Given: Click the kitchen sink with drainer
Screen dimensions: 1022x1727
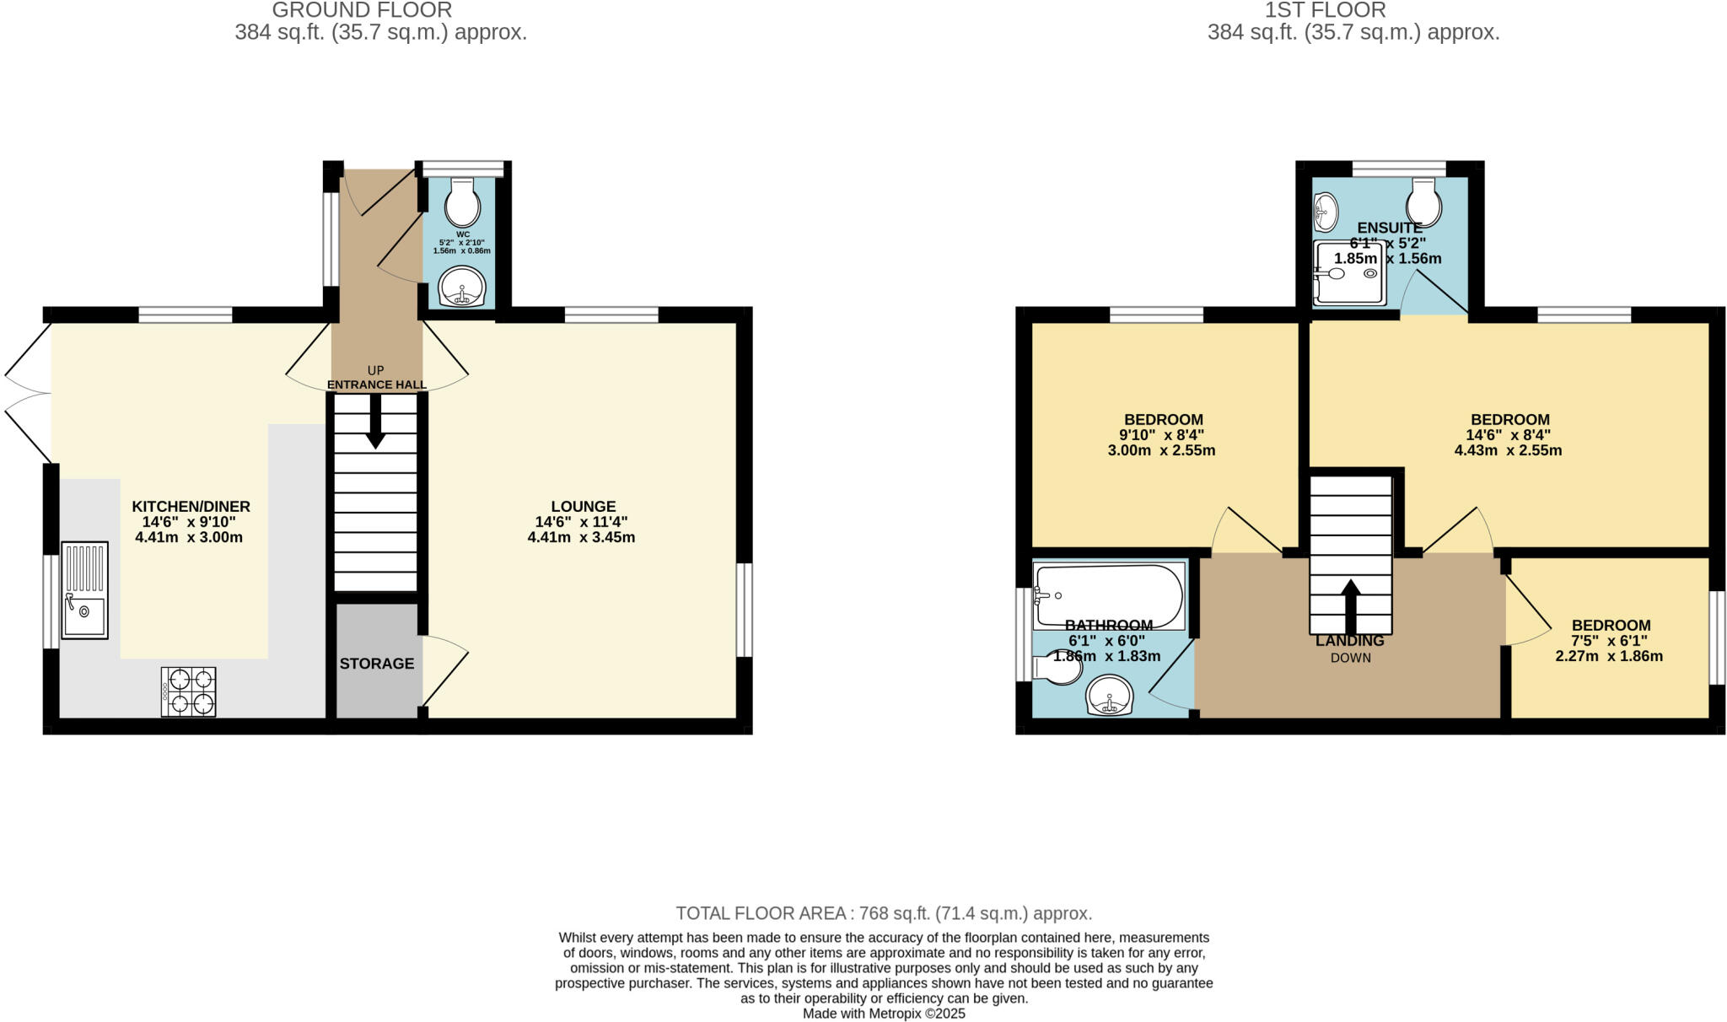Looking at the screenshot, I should [84, 589].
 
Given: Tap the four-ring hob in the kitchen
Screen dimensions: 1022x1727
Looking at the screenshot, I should [188, 691].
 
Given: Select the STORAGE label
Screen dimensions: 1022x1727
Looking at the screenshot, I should [376, 664].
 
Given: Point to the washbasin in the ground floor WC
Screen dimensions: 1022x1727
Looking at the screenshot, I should [461, 288].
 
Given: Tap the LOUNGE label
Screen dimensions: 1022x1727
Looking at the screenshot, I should [583, 506].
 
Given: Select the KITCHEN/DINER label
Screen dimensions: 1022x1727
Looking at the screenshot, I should [191, 506].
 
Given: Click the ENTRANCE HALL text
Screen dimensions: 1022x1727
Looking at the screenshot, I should [376, 385].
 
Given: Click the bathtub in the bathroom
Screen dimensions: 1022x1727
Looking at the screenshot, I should [1108, 595].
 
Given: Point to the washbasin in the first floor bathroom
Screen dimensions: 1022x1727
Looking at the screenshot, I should [1110, 697].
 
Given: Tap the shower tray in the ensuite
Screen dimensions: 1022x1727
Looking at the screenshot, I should [1350, 274].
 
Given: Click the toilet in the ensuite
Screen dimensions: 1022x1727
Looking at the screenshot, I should [1424, 202].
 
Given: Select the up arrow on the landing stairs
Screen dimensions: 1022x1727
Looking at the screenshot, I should [1350, 605].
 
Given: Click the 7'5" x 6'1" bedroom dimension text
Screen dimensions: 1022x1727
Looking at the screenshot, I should [1609, 641].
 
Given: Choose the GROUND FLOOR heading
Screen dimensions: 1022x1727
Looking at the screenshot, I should [362, 10].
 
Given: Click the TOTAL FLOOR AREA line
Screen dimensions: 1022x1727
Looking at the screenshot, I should [884, 913].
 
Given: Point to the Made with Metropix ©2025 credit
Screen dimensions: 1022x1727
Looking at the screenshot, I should [884, 1014].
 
